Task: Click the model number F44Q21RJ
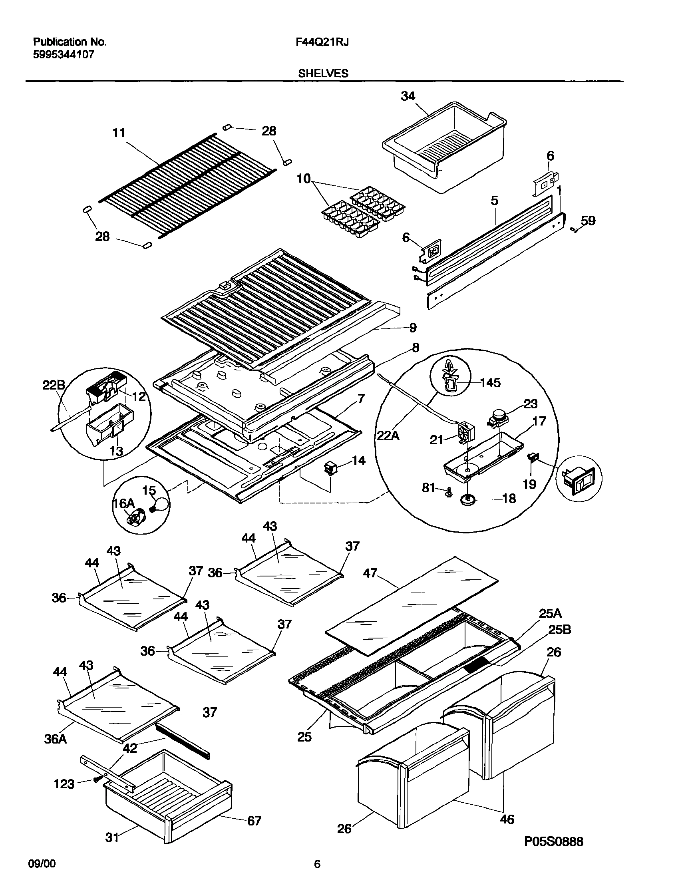(322, 42)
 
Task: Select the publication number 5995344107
(64, 55)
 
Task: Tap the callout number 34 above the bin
(408, 96)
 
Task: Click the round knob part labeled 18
(466, 500)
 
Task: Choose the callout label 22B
(54, 385)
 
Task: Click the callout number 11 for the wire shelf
(119, 133)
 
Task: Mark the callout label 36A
(56, 739)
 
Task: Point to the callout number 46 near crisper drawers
(507, 819)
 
